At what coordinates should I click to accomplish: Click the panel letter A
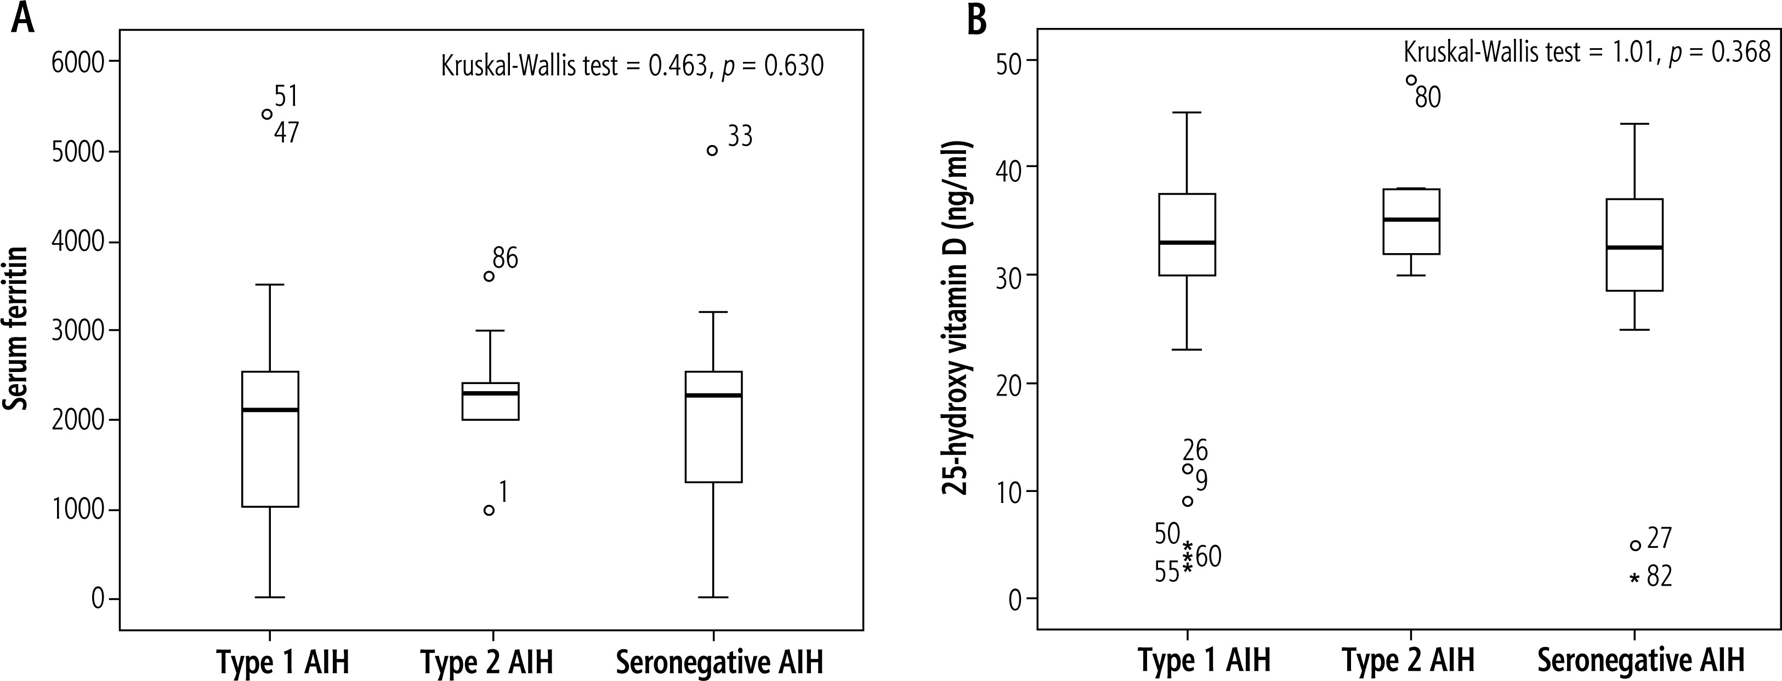click(23, 19)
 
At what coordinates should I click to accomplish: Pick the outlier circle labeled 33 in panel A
click(712, 151)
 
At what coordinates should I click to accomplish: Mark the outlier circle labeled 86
click(489, 277)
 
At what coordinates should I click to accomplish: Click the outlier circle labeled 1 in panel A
click(489, 510)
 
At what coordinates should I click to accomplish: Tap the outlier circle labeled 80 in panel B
click(1411, 80)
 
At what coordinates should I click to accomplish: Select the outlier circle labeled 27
click(1636, 546)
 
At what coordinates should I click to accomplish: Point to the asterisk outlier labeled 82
click(1635, 578)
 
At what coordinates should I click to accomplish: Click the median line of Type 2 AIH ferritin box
click(491, 393)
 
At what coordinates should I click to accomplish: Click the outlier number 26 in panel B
click(1195, 451)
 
